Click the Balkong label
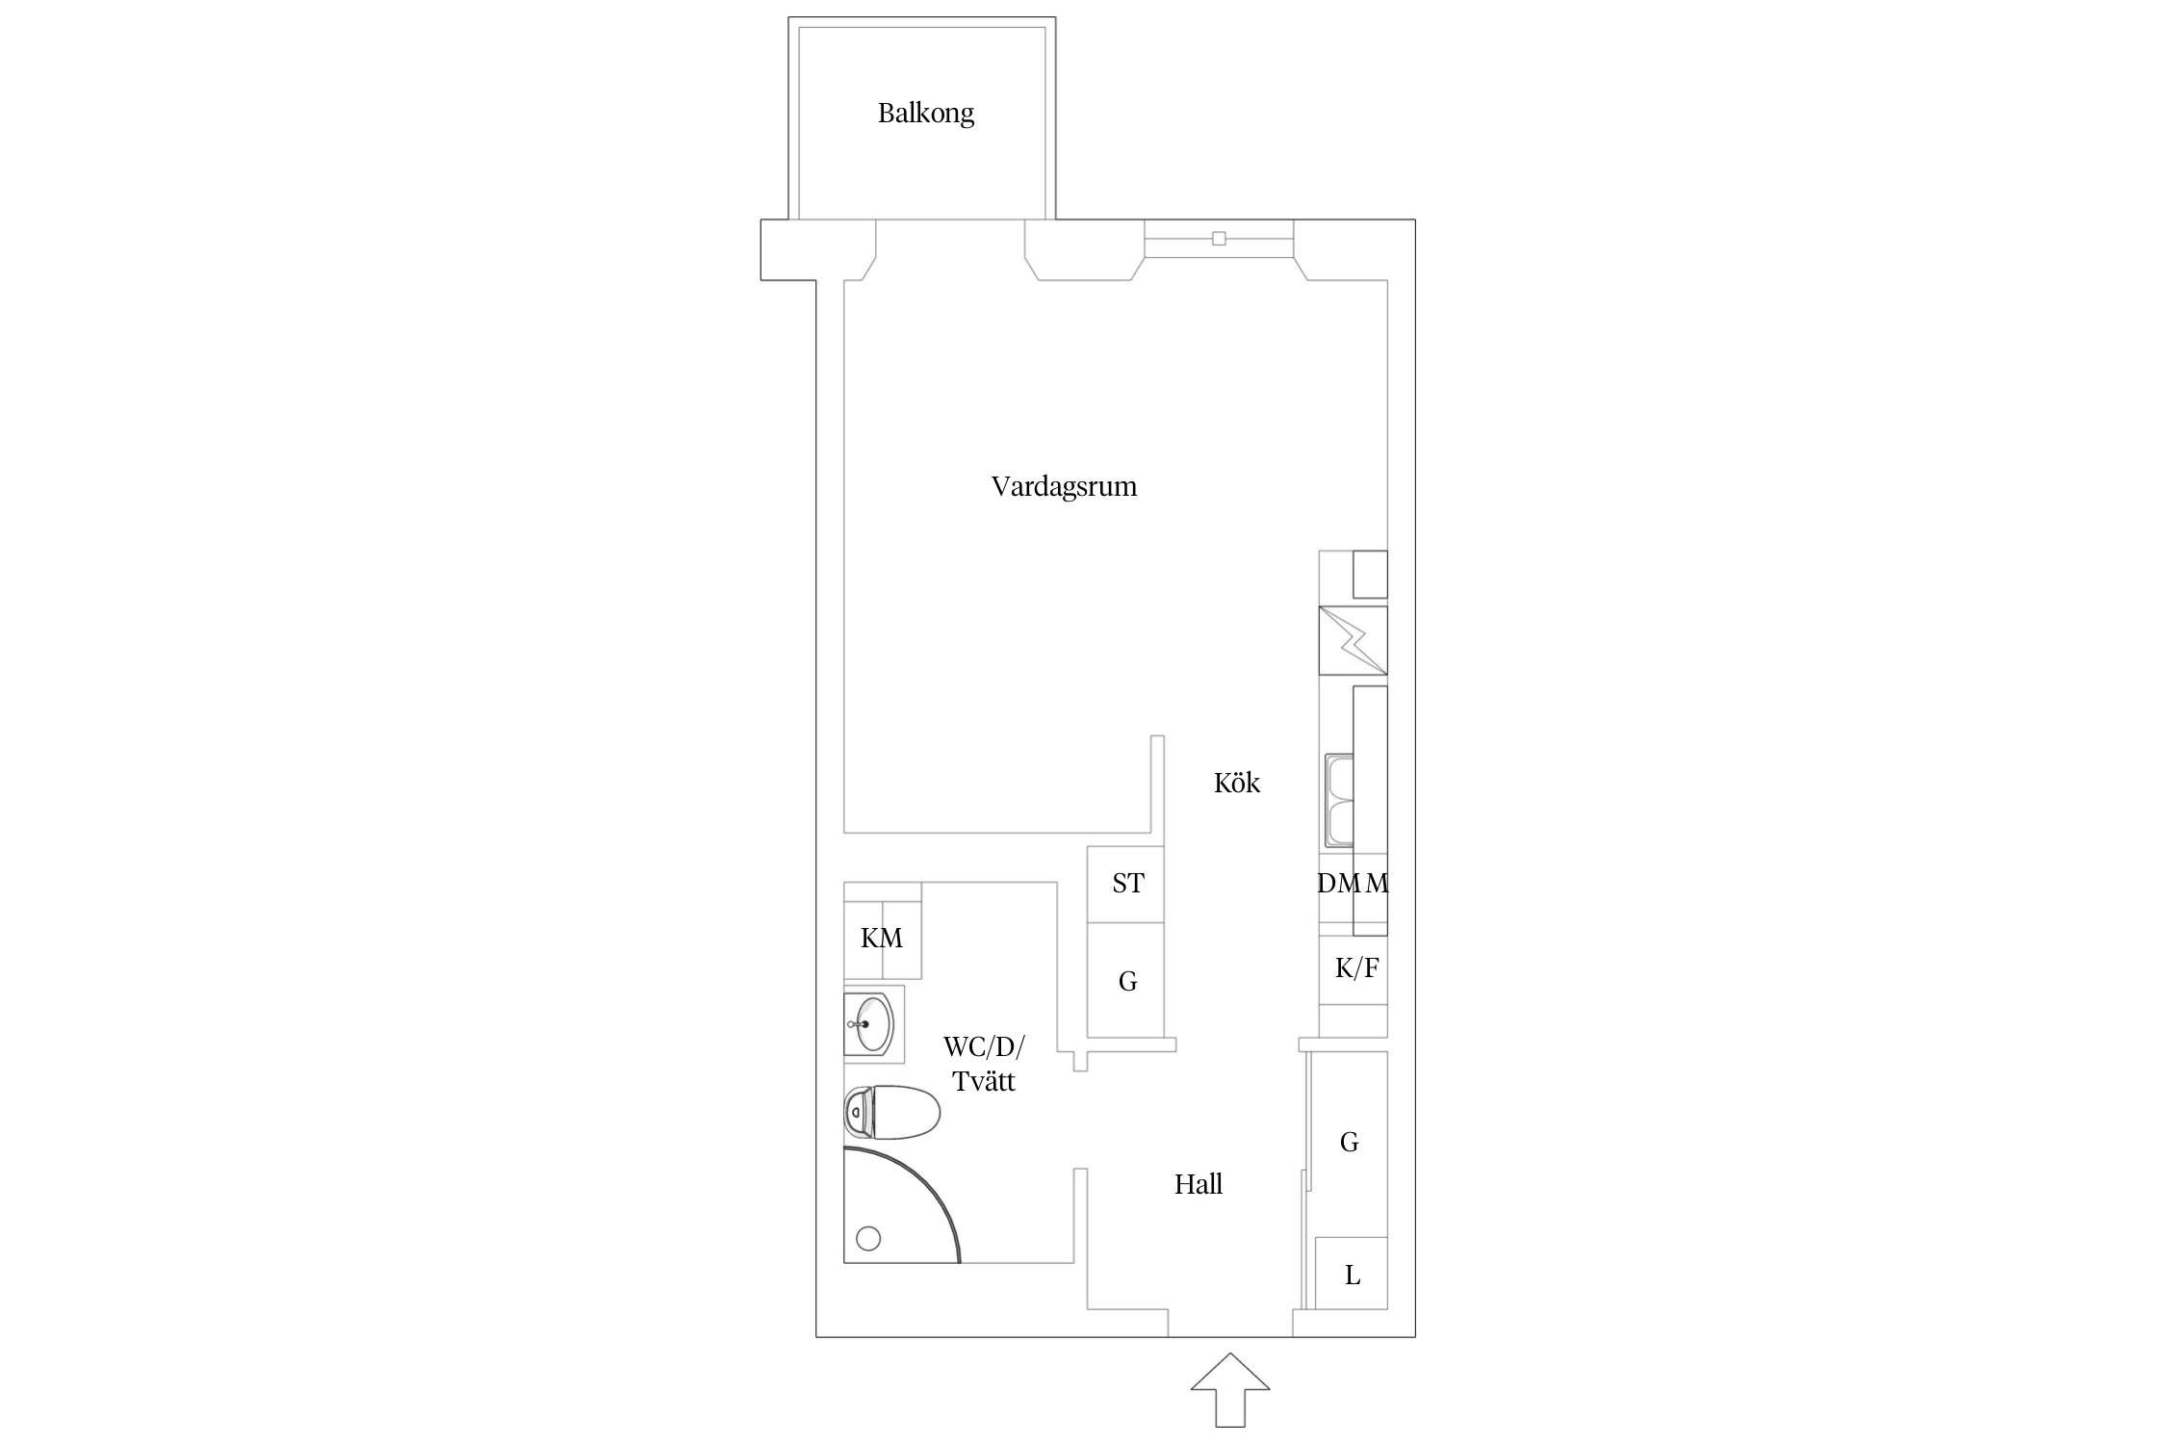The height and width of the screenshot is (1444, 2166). coord(925,114)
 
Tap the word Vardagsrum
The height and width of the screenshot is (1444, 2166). coord(1064,486)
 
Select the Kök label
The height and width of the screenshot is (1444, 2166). coord(1236,783)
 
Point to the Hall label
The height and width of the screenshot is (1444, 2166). coord(1198,1184)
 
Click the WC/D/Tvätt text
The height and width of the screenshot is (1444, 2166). coord(984,1064)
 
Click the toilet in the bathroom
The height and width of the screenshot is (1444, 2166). coord(892,1114)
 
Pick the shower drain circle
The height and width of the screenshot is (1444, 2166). coord(868,1239)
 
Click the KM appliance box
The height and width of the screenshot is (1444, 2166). coord(882,938)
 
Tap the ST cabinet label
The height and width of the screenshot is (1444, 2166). coord(1127,883)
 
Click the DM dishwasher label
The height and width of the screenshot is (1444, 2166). coord(1337,883)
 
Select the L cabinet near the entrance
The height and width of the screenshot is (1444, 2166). coord(1352,1275)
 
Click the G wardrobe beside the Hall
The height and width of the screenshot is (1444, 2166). coord(1349,1143)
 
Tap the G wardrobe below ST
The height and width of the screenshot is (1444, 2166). coord(1127,981)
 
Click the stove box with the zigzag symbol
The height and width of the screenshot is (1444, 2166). coord(1353,640)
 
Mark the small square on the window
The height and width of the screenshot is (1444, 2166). coord(1219,239)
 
